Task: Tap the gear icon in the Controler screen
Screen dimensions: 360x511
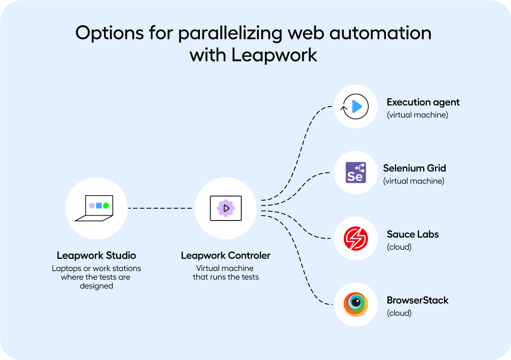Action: (x=226, y=208)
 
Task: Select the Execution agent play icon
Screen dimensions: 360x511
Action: (x=356, y=107)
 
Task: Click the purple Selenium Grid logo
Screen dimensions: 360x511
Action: (x=356, y=172)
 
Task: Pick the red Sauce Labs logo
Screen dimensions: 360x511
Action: (x=356, y=239)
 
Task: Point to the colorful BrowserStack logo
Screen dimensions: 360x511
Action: (x=356, y=304)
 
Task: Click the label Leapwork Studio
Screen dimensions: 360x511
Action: (x=96, y=256)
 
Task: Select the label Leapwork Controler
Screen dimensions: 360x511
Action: (x=226, y=256)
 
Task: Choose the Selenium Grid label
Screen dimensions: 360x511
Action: (x=415, y=168)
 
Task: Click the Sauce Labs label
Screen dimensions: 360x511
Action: (x=413, y=234)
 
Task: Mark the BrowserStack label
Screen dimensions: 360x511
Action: (x=418, y=300)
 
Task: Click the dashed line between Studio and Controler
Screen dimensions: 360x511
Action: (x=160, y=208)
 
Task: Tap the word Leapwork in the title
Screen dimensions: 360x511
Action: (x=274, y=55)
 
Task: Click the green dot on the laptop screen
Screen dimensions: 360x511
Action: (x=106, y=205)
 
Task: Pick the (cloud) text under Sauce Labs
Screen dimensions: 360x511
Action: (x=399, y=247)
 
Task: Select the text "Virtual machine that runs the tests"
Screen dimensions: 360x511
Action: (x=226, y=273)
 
